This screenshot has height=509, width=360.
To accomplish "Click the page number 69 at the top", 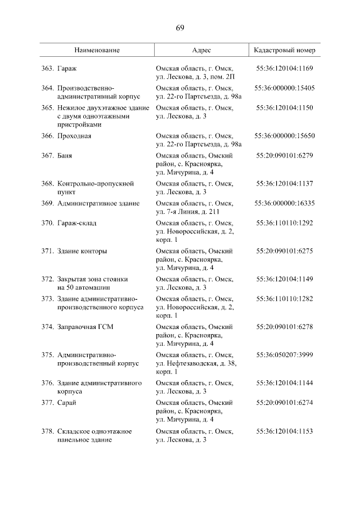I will tap(180, 28).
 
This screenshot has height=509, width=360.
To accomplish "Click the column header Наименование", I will tap(97, 50).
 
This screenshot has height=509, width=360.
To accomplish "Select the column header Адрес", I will tap(201, 50).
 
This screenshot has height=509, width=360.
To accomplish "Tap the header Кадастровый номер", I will tap(285, 50).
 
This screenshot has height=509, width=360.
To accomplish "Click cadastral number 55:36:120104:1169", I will tap(285, 69).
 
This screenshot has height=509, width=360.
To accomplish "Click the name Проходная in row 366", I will tap(74, 136).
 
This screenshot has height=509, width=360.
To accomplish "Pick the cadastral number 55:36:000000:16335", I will tap(285, 203).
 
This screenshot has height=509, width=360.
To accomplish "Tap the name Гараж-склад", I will tap(77, 223).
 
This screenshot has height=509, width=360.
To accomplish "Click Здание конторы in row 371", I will tap(82, 251).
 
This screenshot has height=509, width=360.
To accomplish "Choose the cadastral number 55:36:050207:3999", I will tap(285, 354).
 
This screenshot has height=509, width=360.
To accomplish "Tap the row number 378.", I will tap(47, 431).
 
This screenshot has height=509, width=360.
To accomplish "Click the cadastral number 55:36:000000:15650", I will tap(285, 136).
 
